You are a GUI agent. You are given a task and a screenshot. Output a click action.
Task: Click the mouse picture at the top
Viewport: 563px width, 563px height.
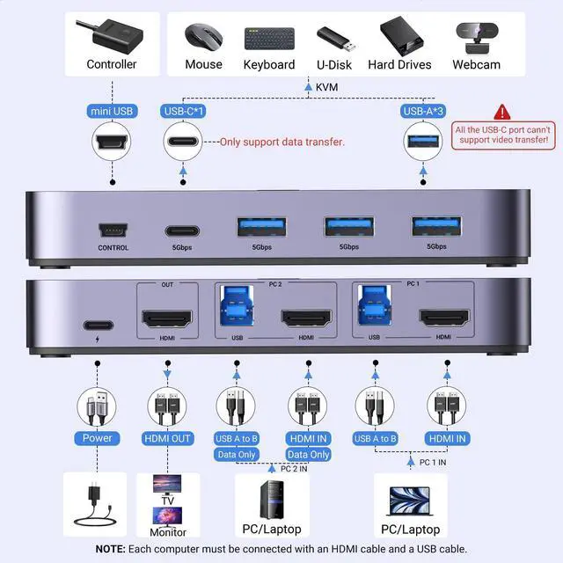coord(203,37)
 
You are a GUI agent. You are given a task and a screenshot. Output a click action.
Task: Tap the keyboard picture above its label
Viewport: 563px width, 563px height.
coord(268,38)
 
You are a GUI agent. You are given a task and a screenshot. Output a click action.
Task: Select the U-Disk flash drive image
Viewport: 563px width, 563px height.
coord(334,38)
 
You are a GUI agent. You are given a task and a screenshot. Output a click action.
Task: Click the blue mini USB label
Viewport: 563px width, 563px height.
coord(112,111)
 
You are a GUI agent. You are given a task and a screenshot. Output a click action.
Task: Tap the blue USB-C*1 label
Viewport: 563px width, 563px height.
coord(183,111)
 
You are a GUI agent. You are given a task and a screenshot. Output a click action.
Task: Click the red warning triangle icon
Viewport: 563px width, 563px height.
coord(502,112)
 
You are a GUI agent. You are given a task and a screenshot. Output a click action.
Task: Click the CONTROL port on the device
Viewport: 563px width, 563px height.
coord(113,230)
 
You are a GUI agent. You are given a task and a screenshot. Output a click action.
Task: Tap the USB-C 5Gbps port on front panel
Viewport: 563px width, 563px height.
coord(182,230)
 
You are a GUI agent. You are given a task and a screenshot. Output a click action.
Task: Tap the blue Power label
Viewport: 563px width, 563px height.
coord(98,438)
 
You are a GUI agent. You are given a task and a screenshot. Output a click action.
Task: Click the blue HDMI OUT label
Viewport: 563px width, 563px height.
coord(166,438)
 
